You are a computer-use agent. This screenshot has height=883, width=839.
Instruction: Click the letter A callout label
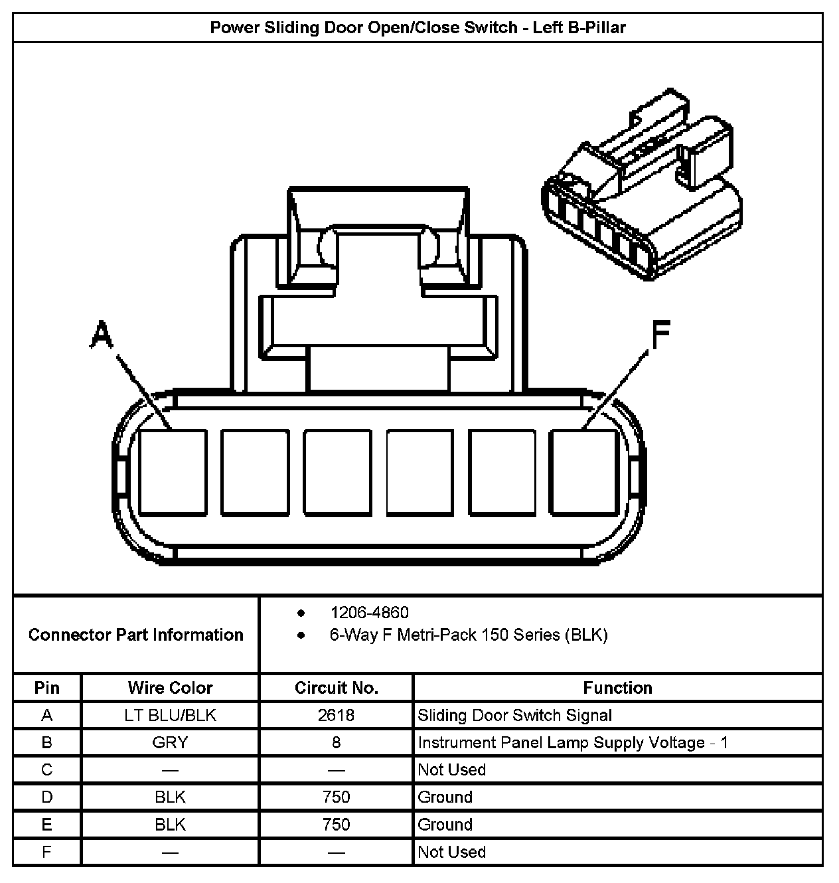pyautogui.click(x=102, y=335)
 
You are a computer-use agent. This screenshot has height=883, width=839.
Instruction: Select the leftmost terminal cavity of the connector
pyautogui.click(x=173, y=472)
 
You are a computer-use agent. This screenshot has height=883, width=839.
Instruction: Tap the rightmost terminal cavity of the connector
pyautogui.click(x=584, y=472)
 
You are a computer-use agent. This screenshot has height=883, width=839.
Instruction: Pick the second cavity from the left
pyautogui.click(x=255, y=472)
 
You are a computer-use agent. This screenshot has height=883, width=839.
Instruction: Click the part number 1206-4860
pyautogui.click(x=369, y=612)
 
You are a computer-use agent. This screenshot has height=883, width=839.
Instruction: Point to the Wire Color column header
pyautogui.click(x=170, y=688)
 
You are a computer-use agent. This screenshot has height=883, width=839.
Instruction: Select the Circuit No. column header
pyautogui.click(x=336, y=688)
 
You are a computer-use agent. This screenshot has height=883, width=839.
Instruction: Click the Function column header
pyautogui.click(x=617, y=688)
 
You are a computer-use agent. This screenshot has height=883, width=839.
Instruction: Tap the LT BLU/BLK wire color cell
pyautogui.click(x=170, y=715)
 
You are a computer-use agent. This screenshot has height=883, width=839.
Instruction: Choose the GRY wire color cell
pyautogui.click(x=170, y=742)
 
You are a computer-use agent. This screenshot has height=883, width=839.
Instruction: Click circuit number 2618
pyautogui.click(x=336, y=715)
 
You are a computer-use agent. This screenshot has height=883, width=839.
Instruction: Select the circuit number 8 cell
pyautogui.click(x=336, y=742)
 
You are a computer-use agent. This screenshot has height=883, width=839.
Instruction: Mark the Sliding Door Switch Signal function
pyautogui.click(x=514, y=715)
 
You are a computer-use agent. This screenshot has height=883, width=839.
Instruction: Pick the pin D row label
pyautogui.click(x=46, y=797)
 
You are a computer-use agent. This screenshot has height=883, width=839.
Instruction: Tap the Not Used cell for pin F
pyautogui.click(x=451, y=852)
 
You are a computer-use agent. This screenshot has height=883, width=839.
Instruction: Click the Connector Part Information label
pyautogui.click(x=136, y=635)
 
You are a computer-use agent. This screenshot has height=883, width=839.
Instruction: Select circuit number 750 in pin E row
pyautogui.click(x=336, y=825)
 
